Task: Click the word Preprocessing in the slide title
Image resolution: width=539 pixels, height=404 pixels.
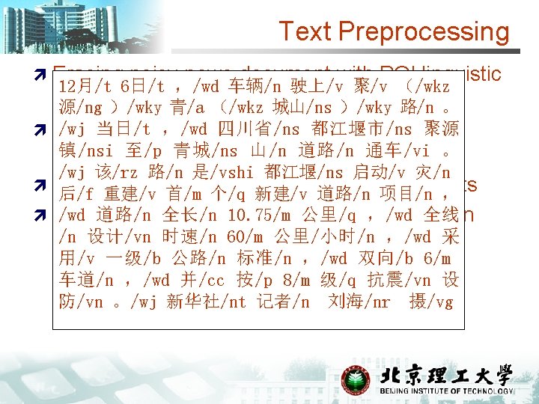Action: (x=424, y=31)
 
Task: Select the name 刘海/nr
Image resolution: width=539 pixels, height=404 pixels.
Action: (x=356, y=302)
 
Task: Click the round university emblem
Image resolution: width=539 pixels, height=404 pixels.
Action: (x=356, y=380)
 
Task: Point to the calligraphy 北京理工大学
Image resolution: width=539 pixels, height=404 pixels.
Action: (x=448, y=374)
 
